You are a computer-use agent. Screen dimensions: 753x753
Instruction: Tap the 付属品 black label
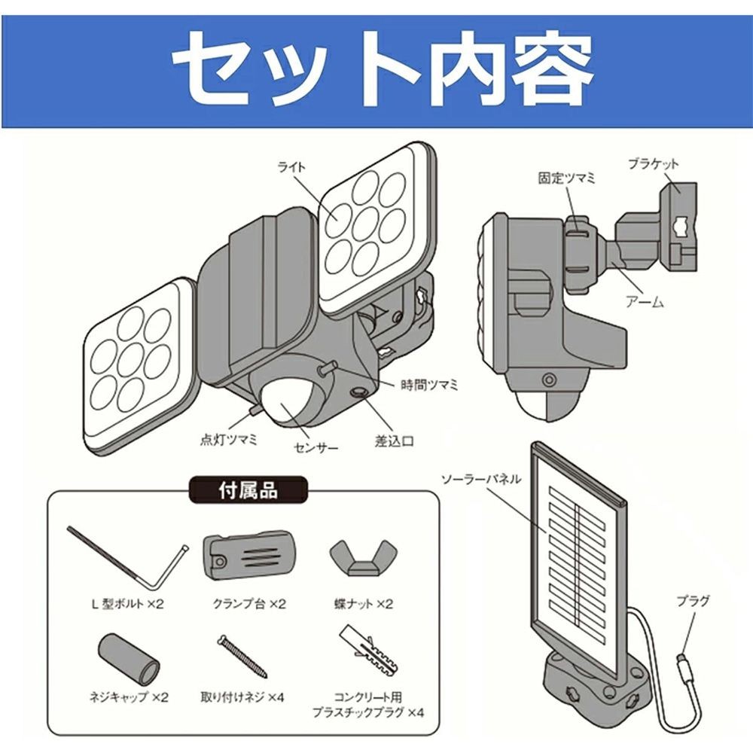tap(248, 491)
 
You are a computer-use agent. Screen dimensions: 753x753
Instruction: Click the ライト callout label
tap(292, 167)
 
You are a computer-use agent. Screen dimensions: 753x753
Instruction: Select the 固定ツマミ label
tap(566, 179)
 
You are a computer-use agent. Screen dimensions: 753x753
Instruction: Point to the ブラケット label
tap(653, 163)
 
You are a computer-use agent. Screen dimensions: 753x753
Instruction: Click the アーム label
tap(645, 302)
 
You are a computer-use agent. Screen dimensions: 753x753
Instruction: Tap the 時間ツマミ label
tap(431, 384)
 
